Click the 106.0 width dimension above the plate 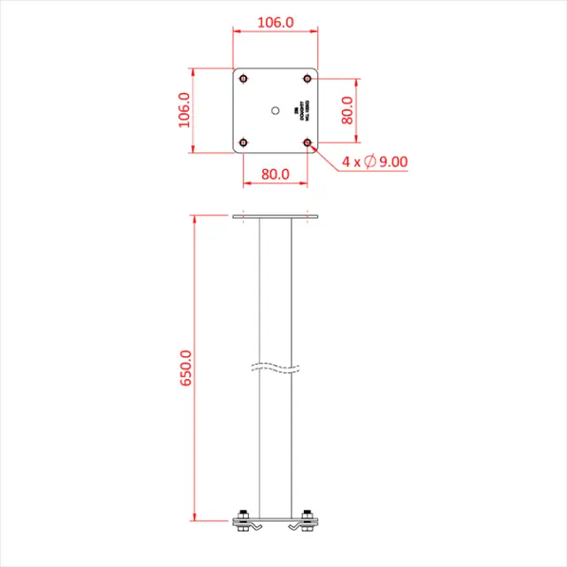[275, 21]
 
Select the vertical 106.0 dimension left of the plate [185, 111]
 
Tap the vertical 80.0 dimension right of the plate [348, 111]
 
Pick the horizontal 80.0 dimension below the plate [276, 175]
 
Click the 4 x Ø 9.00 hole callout [375, 161]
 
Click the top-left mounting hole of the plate [244, 78]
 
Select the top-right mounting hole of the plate [307, 78]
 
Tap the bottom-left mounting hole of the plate [244, 142]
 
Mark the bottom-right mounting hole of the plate [307, 142]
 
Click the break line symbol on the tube [275, 367]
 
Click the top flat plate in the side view [275, 216]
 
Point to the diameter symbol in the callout [370, 161]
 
